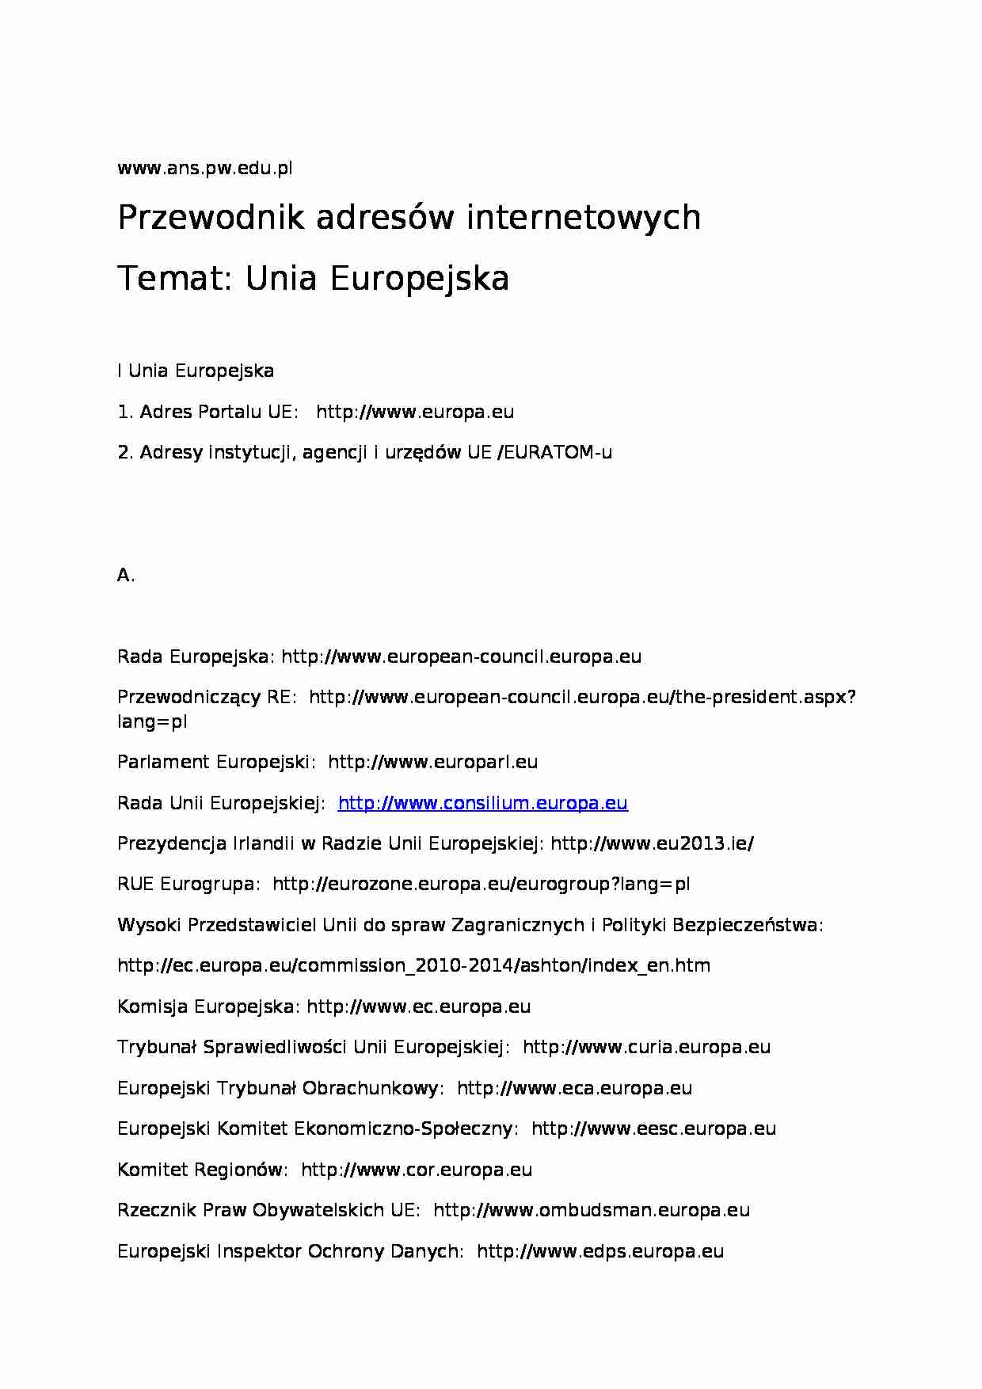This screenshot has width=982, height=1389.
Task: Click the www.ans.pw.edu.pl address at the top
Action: (204, 168)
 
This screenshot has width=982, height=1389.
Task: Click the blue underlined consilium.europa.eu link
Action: (482, 803)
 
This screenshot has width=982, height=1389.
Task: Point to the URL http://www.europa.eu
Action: (414, 412)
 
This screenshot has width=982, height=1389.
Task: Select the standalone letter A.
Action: (124, 576)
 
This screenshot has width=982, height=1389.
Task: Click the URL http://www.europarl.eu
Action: (432, 763)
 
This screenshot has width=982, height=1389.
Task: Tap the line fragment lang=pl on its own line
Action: (152, 722)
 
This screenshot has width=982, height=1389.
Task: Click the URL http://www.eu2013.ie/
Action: (652, 844)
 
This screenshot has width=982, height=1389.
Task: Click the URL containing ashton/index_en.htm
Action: (413, 966)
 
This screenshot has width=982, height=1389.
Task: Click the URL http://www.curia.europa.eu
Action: (646, 1048)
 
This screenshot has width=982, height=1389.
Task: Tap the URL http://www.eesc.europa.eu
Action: (653, 1129)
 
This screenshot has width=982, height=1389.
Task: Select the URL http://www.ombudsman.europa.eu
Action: (592, 1211)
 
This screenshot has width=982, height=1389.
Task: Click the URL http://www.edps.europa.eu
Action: (600, 1252)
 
